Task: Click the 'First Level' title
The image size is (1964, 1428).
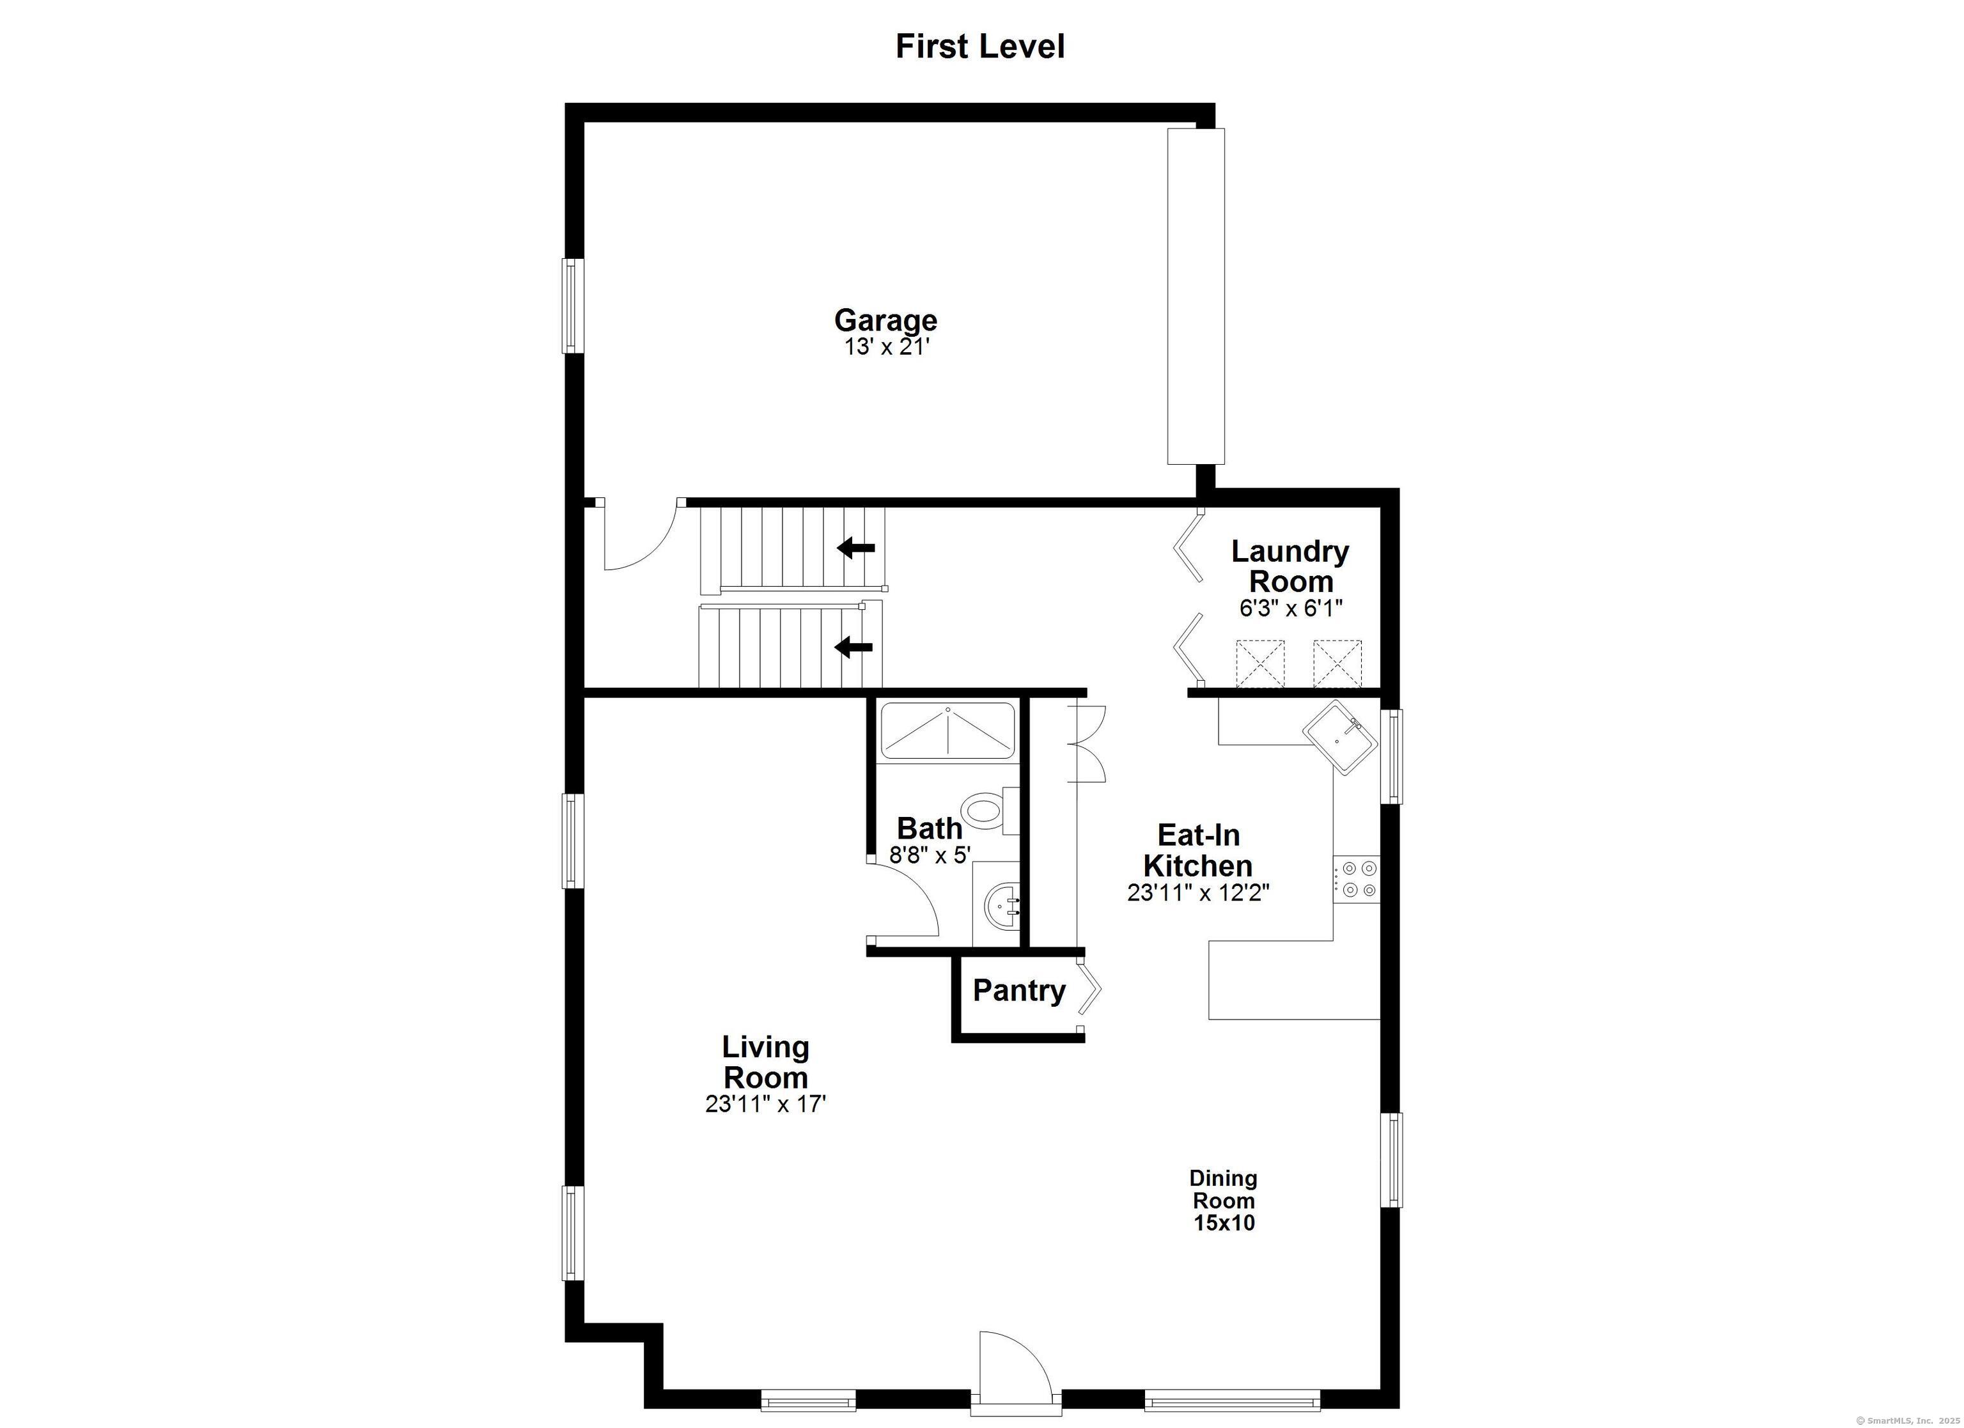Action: [979, 47]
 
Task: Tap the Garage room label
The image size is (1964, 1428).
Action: [885, 320]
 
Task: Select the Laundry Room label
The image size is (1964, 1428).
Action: [1290, 566]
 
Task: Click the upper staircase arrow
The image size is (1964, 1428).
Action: [857, 547]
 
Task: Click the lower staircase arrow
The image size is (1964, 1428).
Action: [854, 646]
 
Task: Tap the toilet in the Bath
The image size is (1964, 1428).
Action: [987, 810]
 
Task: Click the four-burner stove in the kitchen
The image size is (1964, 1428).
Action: [1356, 878]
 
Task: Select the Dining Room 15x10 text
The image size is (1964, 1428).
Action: [1223, 1200]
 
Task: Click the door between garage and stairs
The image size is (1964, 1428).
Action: [637, 537]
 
